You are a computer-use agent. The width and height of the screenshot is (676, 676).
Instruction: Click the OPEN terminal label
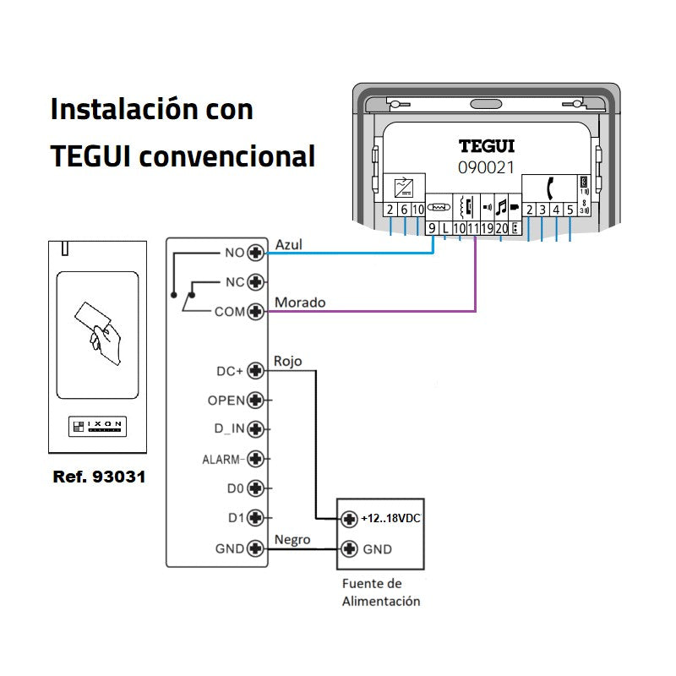point(226,400)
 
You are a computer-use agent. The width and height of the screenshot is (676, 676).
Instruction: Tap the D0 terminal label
point(236,488)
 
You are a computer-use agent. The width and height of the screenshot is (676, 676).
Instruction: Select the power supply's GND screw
point(349,549)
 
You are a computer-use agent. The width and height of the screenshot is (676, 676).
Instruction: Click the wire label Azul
point(288,244)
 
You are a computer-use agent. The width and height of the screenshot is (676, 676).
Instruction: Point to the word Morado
point(300,303)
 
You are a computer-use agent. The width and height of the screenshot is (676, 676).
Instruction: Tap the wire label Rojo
point(287,362)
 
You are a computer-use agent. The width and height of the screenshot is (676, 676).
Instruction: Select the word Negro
point(292,540)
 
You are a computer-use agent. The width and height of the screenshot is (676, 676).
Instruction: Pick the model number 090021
point(487,167)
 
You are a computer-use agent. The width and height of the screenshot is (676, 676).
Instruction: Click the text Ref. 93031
point(99,477)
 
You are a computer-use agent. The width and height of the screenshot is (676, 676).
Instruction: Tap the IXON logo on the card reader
point(98,427)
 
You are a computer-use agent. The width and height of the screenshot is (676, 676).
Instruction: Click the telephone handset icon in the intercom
point(549,187)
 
